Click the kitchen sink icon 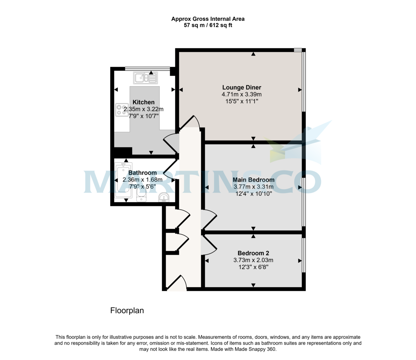(145, 78)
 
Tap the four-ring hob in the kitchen (122, 110)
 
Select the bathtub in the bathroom (123, 180)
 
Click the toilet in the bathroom (141, 194)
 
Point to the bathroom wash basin (164, 197)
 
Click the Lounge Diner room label (242, 87)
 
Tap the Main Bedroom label (253, 180)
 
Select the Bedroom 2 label (253, 253)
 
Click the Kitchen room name (144, 102)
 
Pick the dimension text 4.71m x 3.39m (242, 94)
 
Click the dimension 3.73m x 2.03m (253, 260)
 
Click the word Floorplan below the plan (127, 310)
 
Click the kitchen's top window (147, 69)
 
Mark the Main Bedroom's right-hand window (304, 202)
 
